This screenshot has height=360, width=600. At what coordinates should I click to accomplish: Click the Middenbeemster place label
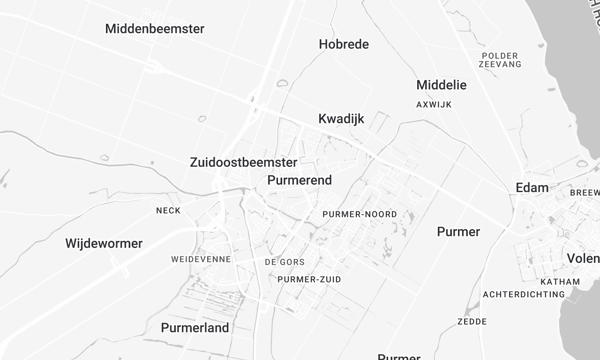[x=154, y=29]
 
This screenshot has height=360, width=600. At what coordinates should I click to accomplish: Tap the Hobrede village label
[x=344, y=44]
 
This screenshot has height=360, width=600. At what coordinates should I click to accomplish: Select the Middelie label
[x=441, y=85]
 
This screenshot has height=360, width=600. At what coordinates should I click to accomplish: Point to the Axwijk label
[x=435, y=104]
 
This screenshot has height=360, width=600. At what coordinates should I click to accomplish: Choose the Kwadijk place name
[x=341, y=119]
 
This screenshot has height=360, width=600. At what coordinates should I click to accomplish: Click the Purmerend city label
[x=300, y=180]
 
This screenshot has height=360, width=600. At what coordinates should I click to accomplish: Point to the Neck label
[x=168, y=211]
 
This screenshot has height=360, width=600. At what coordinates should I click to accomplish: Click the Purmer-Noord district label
[x=360, y=215]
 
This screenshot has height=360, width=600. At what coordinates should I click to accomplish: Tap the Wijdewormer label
[x=104, y=243]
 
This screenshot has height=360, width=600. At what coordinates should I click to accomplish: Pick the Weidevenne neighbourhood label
[x=201, y=259]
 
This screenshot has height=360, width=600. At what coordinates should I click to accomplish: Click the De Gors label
[x=283, y=262]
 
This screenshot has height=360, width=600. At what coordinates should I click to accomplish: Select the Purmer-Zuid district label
[x=309, y=279]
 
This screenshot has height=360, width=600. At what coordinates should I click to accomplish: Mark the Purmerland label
[x=195, y=327]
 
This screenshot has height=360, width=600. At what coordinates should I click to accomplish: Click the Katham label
[x=560, y=282]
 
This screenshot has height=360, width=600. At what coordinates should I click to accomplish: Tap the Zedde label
[x=471, y=322]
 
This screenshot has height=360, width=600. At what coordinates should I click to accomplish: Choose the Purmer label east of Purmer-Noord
[x=458, y=232]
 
